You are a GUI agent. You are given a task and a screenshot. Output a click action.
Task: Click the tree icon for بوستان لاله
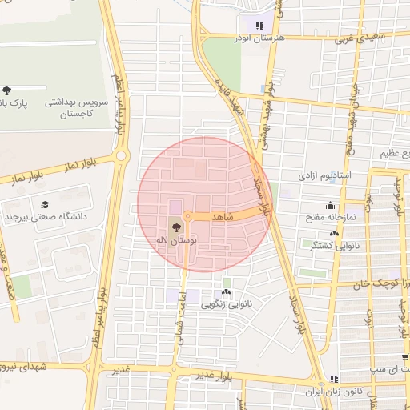176,227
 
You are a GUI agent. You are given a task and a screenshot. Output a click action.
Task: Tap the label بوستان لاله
179,239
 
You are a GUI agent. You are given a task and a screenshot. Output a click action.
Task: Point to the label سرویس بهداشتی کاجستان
68,107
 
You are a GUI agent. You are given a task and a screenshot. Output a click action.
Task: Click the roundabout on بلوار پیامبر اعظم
121,156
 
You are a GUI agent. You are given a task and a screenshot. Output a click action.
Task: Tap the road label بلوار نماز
81,165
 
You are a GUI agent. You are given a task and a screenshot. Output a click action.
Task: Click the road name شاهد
222,217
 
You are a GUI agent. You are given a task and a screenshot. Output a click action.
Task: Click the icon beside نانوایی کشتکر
334,233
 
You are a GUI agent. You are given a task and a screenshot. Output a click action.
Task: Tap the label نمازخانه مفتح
328,217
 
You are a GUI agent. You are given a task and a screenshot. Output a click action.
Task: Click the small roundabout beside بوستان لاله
187,215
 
